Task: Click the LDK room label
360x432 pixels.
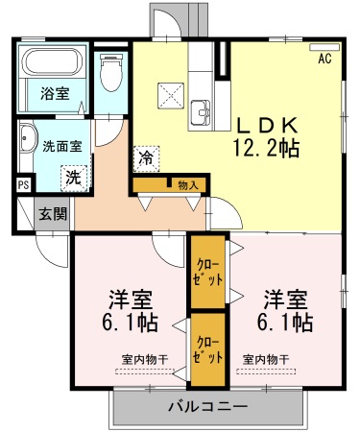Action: pos(268,126)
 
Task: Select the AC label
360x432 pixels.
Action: pos(325,59)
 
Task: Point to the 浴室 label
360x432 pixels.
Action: pos(54,94)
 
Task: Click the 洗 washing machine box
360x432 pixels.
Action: pos(73,177)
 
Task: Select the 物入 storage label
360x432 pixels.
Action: pos(187,184)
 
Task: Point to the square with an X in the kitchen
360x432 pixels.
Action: pos(170,94)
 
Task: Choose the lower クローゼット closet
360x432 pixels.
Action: pos(207,348)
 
